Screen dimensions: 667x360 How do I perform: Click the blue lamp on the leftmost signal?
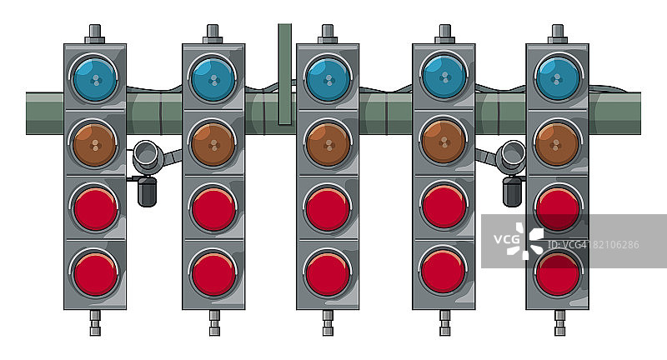(95, 80)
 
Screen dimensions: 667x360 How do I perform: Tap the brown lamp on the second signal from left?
(213, 145)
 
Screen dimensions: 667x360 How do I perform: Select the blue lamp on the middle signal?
(328, 80)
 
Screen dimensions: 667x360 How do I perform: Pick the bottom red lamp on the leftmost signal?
(95, 274)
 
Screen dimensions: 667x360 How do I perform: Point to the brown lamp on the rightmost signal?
(557, 144)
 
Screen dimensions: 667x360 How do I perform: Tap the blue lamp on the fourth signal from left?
(444, 77)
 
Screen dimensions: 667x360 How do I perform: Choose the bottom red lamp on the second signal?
(213, 274)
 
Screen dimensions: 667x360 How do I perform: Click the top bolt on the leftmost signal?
(95, 34)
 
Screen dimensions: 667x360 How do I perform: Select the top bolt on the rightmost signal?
(558, 34)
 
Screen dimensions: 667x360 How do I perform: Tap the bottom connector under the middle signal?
(328, 322)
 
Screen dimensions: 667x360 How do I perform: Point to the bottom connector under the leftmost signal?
(95, 322)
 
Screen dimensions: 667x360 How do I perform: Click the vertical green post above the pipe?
(285, 74)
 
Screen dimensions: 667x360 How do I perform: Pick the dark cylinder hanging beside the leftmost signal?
(148, 192)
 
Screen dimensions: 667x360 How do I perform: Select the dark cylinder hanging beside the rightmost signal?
(512, 192)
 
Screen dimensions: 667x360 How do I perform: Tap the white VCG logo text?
(506, 239)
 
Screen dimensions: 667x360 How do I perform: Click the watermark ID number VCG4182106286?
(594, 245)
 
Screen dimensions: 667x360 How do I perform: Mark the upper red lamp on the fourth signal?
(444, 207)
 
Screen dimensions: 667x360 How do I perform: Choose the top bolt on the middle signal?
(328, 34)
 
